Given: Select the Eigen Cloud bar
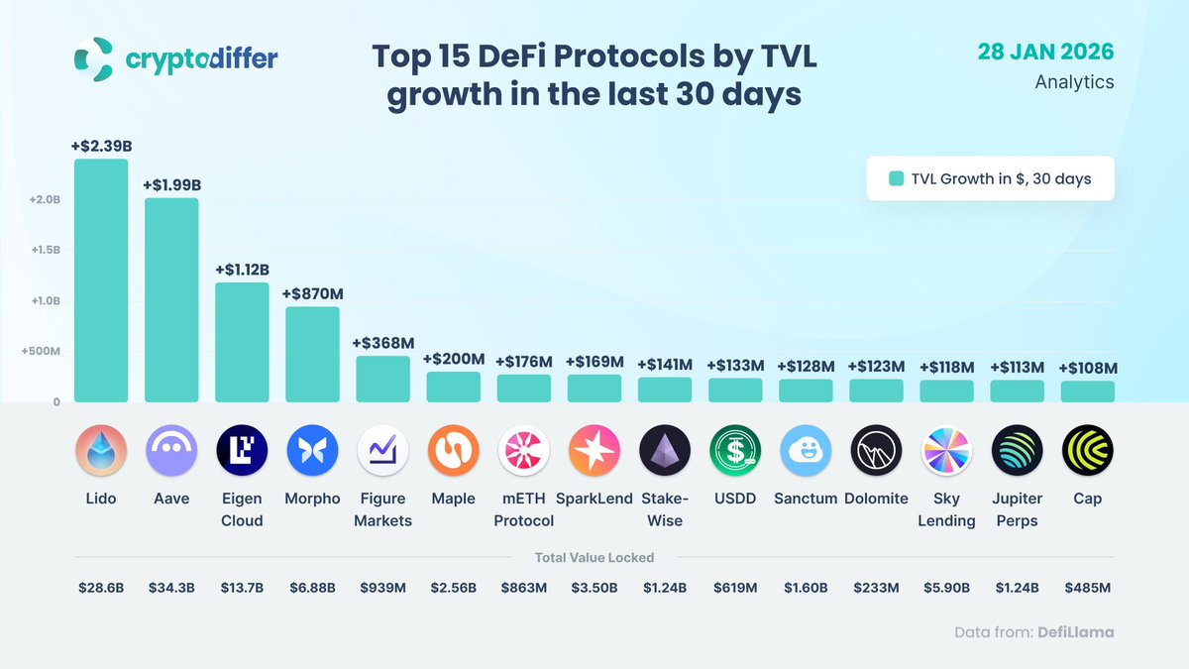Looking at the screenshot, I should pos(242,342).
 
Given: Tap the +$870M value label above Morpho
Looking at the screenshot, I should pos(312,294).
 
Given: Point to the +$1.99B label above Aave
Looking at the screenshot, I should pos(172,185).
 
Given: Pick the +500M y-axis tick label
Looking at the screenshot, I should pos(41,352).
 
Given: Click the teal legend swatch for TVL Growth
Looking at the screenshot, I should pos(896,179).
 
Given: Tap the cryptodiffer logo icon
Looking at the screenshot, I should pos(94,58).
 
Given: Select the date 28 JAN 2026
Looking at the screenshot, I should pos(1045,52).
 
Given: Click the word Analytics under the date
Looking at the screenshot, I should pos(1074,82).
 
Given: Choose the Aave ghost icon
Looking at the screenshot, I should pos(171,451).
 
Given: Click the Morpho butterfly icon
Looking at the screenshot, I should pos(312,451).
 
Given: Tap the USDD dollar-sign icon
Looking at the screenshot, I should pos(735,451).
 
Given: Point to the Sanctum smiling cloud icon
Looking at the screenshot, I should pos(806,451).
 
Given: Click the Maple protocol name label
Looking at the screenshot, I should pos(453,499).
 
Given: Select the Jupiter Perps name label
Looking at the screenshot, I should pos(1017,509).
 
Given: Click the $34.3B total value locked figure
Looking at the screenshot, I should pos(171,588).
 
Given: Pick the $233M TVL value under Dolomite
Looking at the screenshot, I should pos(876,588).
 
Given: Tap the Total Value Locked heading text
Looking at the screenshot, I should pos(594,557).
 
